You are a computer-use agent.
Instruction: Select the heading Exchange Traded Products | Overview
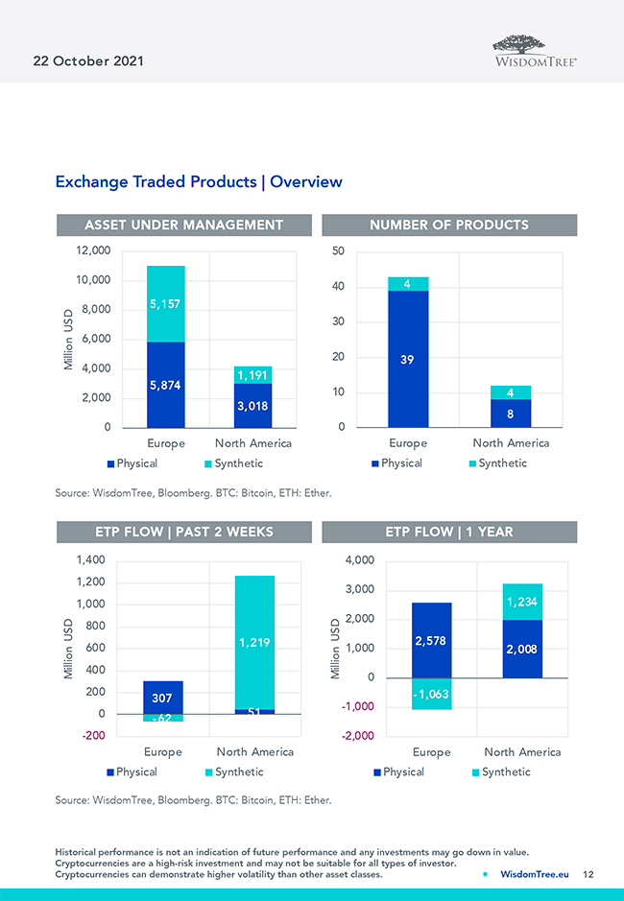pyautogui.click(x=199, y=181)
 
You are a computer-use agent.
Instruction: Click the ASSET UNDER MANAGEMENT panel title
pyautogui.click(x=184, y=225)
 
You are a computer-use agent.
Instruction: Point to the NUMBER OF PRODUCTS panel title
pyautogui.click(x=449, y=225)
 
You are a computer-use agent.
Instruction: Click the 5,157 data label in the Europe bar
pyautogui.click(x=165, y=304)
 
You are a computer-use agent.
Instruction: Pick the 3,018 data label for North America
pyautogui.click(x=252, y=406)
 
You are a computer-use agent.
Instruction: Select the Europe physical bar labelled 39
pyautogui.click(x=408, y=359)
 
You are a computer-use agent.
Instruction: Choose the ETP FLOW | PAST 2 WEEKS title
pyautogui.click(x=184, y=532)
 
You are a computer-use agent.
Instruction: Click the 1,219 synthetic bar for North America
pyautogui.click(x=254, y=643)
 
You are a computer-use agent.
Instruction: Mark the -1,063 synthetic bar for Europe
pyautogui.click(x=431, y=694)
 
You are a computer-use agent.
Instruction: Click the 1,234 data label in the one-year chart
pyautogui.click(x=521, y=602)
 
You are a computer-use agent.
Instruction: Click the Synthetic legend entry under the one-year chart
pyautogui.click(x=501, y=772)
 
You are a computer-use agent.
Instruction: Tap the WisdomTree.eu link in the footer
pyautogui.click(x=535, y=875)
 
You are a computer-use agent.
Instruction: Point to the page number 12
pyautogui.click(x=588, y=875)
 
